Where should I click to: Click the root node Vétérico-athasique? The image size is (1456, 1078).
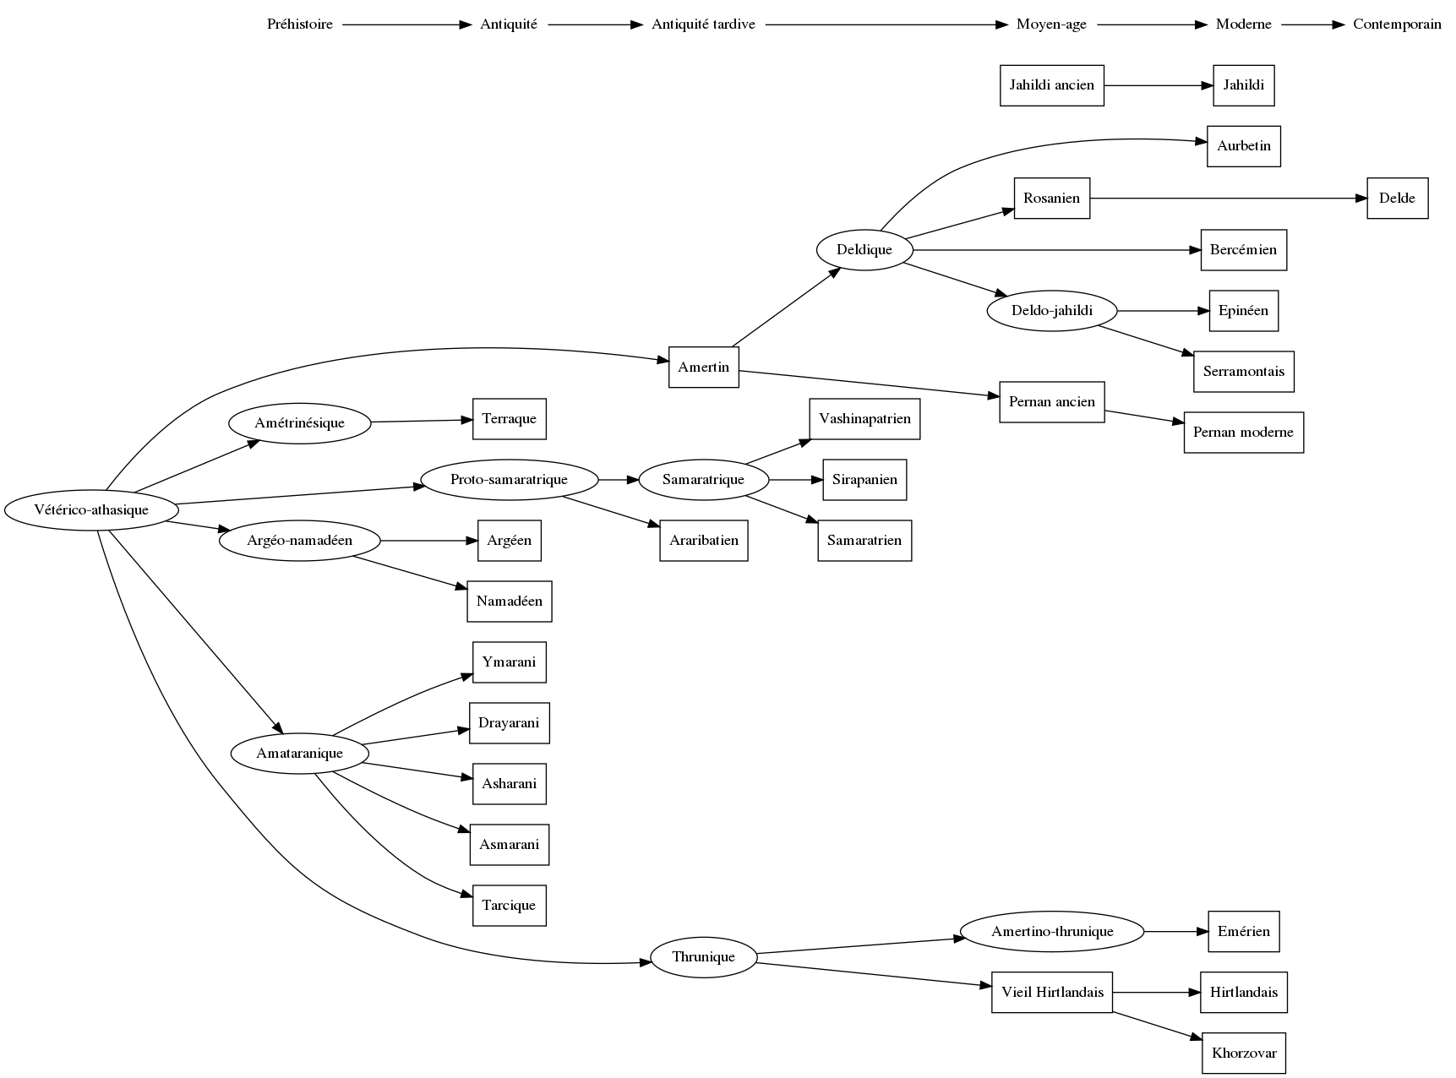91,510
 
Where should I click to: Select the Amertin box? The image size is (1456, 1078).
703,367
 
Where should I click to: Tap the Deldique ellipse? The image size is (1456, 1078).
864,250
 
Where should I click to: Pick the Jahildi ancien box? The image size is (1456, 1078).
1051,85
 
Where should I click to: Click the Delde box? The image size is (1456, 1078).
1397,199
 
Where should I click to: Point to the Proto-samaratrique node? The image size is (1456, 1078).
509,480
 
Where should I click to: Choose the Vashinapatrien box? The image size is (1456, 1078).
864,419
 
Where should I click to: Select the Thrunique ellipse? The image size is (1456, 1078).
703,957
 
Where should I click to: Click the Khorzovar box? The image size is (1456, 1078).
1244,1053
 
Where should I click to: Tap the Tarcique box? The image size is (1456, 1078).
509,906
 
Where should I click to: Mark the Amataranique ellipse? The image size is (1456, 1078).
299,754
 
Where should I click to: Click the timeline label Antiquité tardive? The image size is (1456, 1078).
703,24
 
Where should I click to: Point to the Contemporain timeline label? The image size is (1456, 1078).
1397,24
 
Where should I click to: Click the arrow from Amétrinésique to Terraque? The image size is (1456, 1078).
421,421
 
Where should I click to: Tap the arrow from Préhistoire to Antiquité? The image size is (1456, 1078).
406,24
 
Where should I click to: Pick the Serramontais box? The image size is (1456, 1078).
1243,372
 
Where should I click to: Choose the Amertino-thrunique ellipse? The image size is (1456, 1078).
1052,932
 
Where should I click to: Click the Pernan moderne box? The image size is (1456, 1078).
1243,433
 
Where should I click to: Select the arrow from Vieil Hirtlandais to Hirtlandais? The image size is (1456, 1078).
1156,993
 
